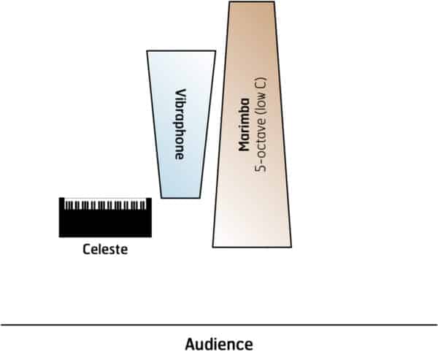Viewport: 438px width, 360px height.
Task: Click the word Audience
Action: tap(218, 344)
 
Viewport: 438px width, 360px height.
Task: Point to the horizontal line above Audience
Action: tap(218, 324)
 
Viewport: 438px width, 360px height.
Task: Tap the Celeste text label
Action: tap(105, 250)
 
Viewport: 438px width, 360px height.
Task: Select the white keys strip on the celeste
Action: tap(105, 204)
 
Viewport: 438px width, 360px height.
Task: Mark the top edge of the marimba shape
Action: tap(250, 2)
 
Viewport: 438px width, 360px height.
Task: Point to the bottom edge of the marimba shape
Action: tap(252, 247)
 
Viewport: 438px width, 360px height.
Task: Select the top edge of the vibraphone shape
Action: tap(181, 51)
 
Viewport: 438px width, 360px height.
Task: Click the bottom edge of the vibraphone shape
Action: tap(181, 197)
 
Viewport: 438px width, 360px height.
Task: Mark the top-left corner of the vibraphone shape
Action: tap(147, 51)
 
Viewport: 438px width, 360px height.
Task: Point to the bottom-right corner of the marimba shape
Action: tap(291, 246)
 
